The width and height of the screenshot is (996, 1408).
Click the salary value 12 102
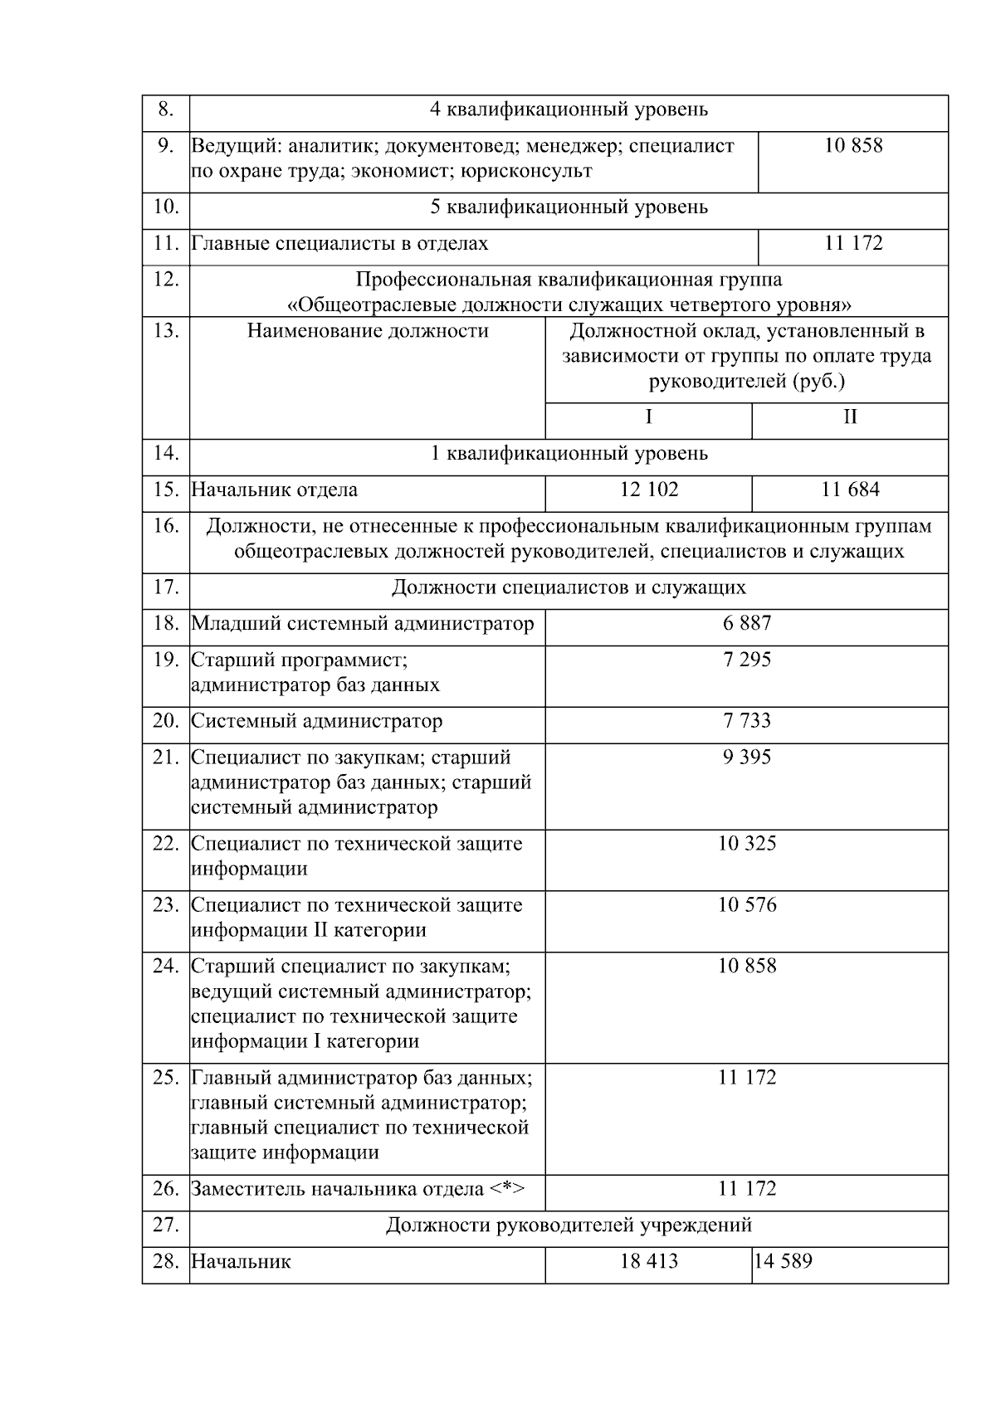(x=648, y=490)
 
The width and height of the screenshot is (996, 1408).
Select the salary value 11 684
(x=850, y=490)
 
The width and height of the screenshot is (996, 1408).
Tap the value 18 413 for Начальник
(x=648, y=1261)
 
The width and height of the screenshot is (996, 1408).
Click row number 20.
(x=166, y=720)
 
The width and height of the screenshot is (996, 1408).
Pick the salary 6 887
(x=746, y=623)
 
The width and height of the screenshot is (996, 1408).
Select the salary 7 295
(x=746, y=660)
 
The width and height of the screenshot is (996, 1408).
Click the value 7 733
(x=746, y=720)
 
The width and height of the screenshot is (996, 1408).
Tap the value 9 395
(x=746, y=757)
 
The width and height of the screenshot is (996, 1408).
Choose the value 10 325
(x=746, y=843)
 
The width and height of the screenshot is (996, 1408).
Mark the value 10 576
(x=746, y=904)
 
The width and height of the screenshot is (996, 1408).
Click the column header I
(x=648, y=417)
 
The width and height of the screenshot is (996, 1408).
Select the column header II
(x=850, y=417)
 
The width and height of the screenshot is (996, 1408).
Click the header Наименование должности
(x=368, y=331)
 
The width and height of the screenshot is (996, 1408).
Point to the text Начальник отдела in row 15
(x=275, y=490)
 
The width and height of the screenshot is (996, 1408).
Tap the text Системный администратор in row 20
(x=317, y=720)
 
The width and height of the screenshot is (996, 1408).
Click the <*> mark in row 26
(x=506, y=1188)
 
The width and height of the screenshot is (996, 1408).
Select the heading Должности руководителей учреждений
(x=569, y=1225)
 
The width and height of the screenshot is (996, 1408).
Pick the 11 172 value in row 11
(x=853, y=243)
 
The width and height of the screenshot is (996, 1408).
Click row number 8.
(x=166, y=110)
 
